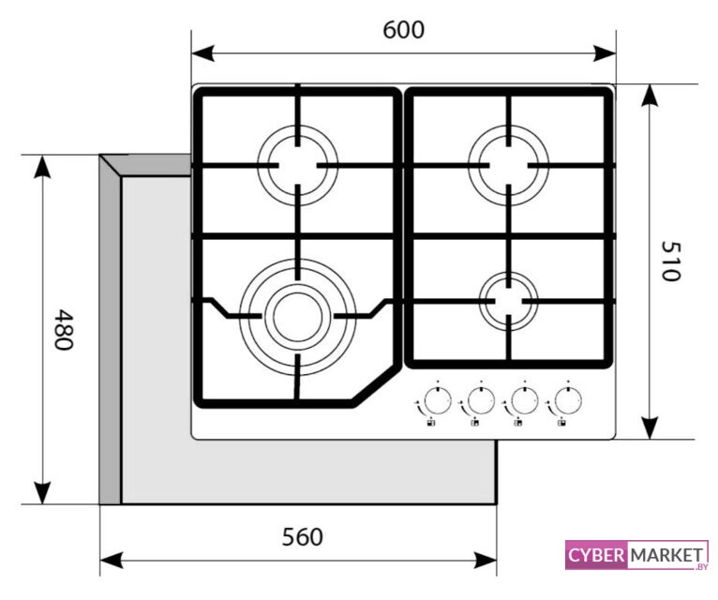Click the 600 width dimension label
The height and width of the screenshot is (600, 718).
tap(403, 30)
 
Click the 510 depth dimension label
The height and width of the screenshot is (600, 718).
tap(669, 261)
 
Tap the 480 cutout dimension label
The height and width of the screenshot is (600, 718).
tap(63, 329)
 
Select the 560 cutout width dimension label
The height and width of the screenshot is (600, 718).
tap(302, 536)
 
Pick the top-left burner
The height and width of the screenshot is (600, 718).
tap(297, 165)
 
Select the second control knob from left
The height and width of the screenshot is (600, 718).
tap(479, 401)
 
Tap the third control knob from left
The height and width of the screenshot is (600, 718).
tap(522, 401)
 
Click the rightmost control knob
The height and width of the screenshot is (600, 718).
tap(565, 401)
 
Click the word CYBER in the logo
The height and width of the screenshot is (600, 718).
tap(596, 555)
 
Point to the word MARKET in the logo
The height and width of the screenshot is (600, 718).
tap(666, 555)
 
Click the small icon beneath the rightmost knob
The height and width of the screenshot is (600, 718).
tap(561, 424)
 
